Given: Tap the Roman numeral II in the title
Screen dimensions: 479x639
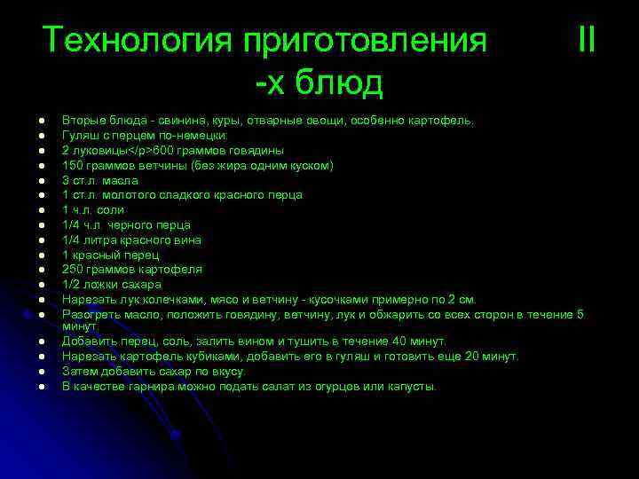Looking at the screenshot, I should coord(586,40).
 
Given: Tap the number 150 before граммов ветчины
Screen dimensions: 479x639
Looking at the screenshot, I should coord(72,165).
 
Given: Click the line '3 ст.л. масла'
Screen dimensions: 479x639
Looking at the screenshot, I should coord(99,180).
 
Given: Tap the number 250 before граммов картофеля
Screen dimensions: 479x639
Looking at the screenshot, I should coord(72,269).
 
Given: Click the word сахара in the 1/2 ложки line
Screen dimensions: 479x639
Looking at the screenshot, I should coord(142,284).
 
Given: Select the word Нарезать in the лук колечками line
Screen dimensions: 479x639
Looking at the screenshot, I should coord(85,299).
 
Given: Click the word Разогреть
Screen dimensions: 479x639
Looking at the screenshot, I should coord(89,314).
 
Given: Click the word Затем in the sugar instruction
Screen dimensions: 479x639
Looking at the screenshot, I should coord(78,371).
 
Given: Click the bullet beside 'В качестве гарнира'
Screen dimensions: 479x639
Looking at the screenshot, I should coord(42,387).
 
